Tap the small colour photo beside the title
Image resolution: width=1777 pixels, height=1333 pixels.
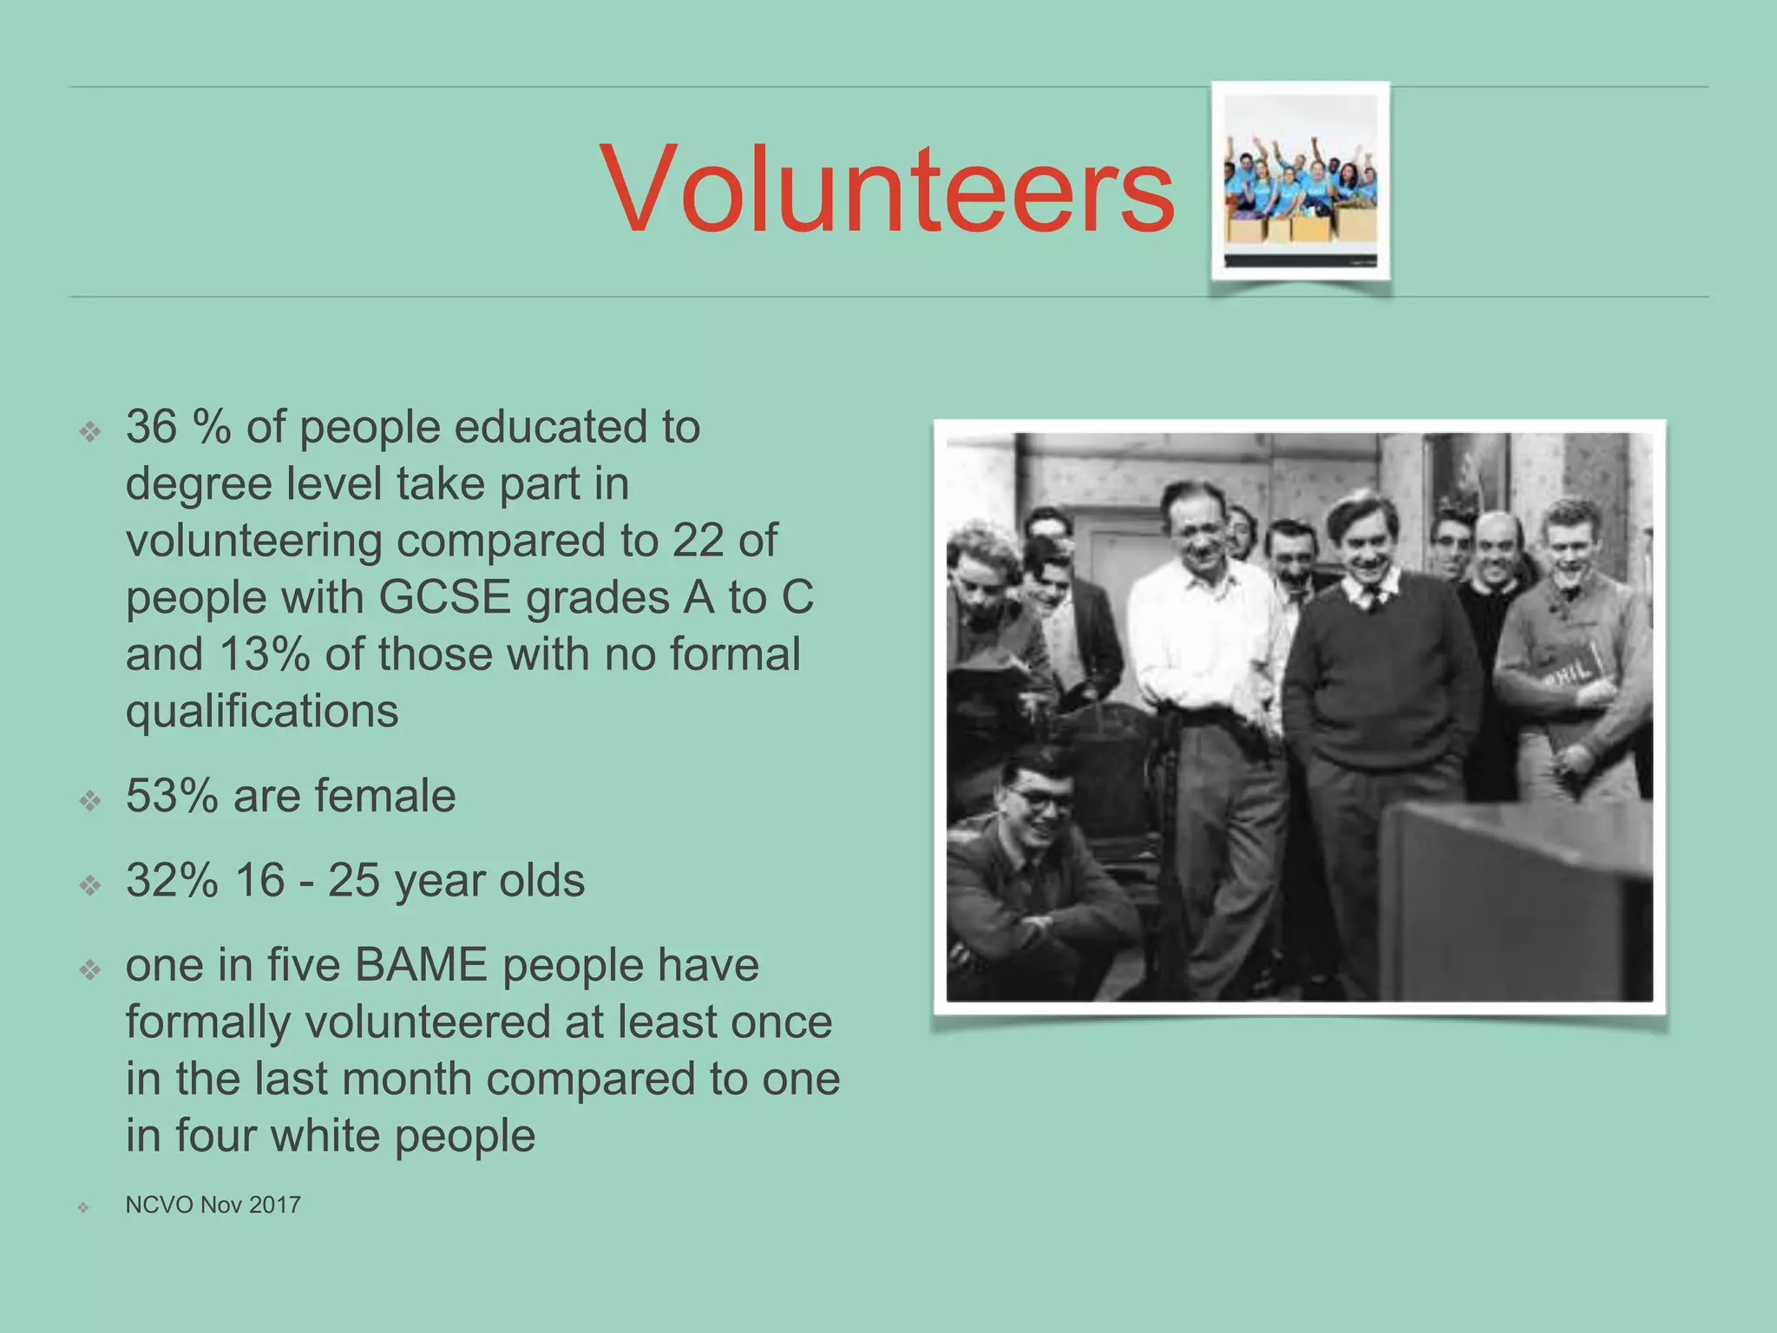pos(1300,181)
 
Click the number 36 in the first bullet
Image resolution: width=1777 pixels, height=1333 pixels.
pos(151,427)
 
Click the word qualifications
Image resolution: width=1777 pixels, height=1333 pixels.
pos(262,712)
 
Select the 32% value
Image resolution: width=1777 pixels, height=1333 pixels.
pos(172,881)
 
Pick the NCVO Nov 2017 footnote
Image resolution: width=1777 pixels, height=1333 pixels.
pos(213,1205)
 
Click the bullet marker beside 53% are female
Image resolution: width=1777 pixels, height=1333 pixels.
pos(90,799)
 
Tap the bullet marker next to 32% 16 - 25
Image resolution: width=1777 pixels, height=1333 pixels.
pos(90,884)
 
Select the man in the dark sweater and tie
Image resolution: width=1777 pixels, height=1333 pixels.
pos(1375,660)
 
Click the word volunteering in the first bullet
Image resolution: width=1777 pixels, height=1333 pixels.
pos(253,541)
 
